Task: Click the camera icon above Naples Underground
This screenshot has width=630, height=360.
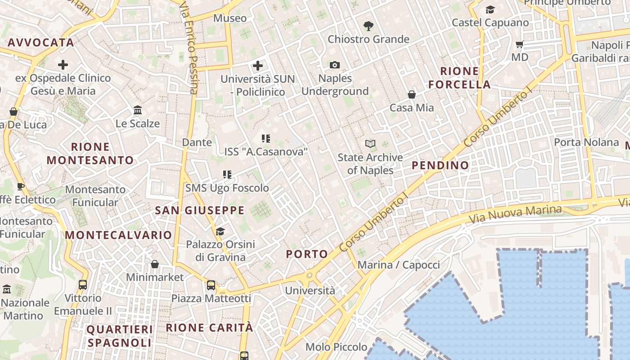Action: point(334,65)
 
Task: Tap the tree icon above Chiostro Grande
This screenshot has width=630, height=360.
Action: point(368,26)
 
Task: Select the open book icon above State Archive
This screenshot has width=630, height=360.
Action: point(370,144)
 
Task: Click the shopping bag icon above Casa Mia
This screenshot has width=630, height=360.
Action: point(411,94)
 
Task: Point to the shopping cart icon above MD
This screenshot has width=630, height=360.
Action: point(520,45)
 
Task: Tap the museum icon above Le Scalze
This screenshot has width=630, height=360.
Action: point(138,110)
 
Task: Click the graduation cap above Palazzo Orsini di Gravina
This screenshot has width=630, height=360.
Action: point(220,231)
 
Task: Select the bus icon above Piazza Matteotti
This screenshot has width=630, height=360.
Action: point(211,285)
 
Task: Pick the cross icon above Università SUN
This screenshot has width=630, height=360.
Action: point(257,66)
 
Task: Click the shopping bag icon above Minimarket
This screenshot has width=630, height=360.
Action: point(155,264)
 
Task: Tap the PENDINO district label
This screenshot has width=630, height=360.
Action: point(441,165)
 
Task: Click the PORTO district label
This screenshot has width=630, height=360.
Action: point(307,254)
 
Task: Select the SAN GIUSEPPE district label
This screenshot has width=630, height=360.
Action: point(200,210)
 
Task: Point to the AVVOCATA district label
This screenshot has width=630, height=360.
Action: point(40,43)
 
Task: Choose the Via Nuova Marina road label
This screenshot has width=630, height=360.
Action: point(515,215)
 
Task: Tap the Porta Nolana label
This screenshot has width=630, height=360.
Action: point(586,142)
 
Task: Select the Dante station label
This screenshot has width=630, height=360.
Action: point(197,143)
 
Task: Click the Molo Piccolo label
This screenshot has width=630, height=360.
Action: point(336,347)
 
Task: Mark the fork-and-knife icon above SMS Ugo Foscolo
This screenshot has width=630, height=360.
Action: point(227,175)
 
